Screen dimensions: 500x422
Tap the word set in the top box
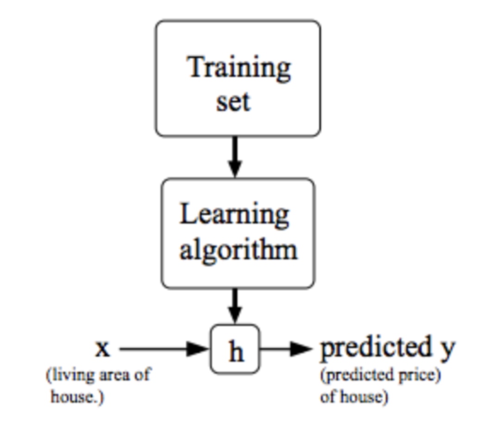(233, 102)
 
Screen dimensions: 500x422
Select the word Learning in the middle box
(234, 215)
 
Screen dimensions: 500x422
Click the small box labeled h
(235, 349)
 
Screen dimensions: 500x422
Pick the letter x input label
(102, 348)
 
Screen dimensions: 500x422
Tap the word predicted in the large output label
(375, 348)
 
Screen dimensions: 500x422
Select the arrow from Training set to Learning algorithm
(235, 156)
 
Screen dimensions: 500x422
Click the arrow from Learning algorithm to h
(235, 306)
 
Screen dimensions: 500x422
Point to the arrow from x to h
(164, 349)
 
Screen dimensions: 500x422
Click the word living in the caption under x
(70, 375)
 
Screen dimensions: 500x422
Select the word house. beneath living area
(77, 397)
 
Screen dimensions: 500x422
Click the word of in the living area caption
(142, 374)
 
